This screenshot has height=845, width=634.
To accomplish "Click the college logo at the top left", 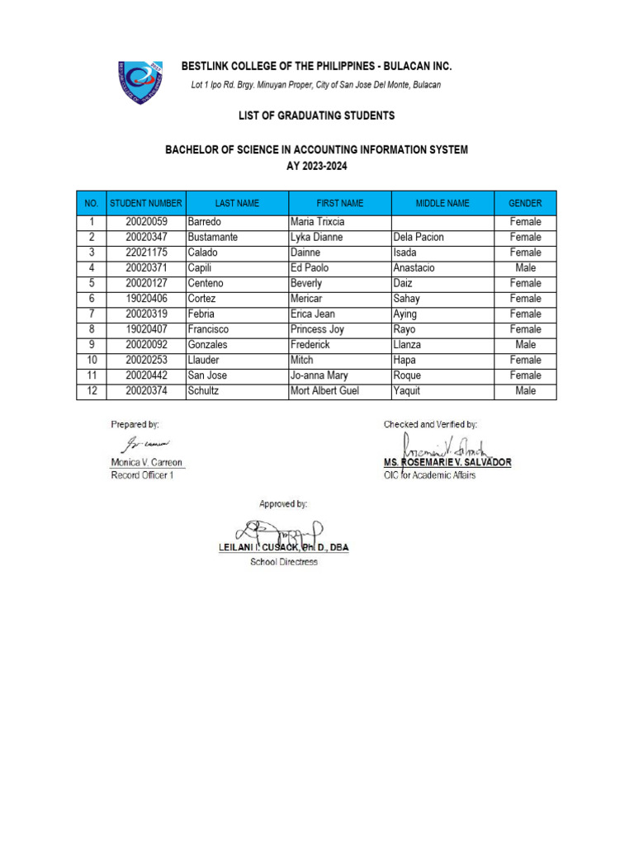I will (140, 82).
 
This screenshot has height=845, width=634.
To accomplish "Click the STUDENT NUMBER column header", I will (146, 203).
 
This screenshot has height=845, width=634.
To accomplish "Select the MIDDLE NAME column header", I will (442, 203).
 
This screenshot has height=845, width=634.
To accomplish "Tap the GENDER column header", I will (525, 203).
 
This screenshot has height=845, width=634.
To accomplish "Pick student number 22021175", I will (146, 253).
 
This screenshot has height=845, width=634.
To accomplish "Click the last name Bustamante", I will (213, 238).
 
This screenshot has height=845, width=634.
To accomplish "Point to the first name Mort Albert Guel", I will (325, 391).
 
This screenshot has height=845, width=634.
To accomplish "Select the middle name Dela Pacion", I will (419, 238).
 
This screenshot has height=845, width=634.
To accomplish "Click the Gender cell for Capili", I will (525, 268).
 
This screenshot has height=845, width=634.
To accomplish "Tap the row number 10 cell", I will (92, 361).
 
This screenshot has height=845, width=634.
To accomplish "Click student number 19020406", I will (146, 299).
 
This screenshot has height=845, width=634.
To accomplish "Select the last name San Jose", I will (207, 375).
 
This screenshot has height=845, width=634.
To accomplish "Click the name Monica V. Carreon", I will (147, 463).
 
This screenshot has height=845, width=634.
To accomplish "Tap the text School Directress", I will (284, 562).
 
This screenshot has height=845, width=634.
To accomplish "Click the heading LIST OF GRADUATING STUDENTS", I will (316, 116).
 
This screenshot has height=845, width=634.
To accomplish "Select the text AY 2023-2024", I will (316, 166).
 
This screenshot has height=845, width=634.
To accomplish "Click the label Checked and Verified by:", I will (430, 424).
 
